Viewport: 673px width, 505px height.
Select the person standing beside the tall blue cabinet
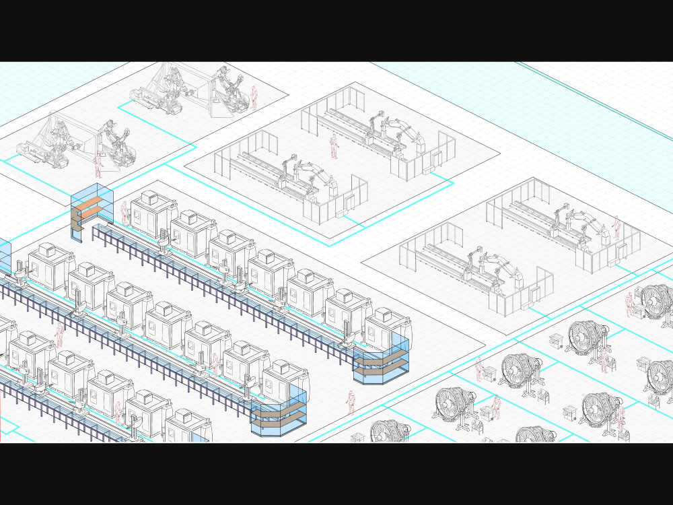124,212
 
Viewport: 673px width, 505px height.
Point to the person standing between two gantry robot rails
333,147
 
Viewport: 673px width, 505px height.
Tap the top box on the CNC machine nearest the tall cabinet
149,197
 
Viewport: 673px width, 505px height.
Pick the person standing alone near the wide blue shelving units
351,402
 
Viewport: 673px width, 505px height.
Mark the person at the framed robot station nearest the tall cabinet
98,165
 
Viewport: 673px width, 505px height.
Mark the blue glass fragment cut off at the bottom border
200,438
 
